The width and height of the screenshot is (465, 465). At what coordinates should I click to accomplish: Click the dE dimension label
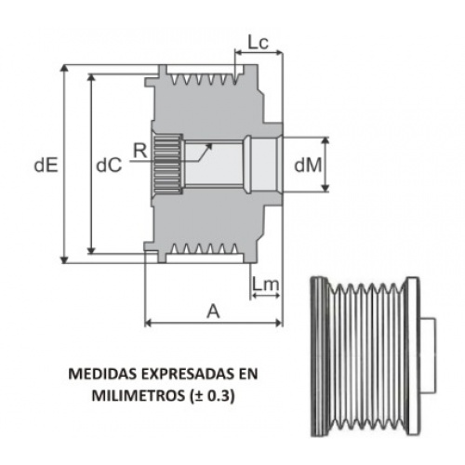click(46, 166)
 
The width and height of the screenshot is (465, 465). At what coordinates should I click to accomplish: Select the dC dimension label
click(109, 166)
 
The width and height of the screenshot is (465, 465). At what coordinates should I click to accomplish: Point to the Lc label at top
click(258, 43)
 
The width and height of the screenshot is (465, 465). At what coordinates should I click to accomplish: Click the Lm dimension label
click(265, 284)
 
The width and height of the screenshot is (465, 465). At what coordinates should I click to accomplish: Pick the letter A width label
click(213, 312)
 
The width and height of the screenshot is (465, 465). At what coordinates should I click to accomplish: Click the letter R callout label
click(140, 151)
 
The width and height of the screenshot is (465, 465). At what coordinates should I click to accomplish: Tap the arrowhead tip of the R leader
click(212, 143)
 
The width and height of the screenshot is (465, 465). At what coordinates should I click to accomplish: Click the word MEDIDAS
click(102, 374)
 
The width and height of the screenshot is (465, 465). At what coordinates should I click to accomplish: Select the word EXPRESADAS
click(188, 374)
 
